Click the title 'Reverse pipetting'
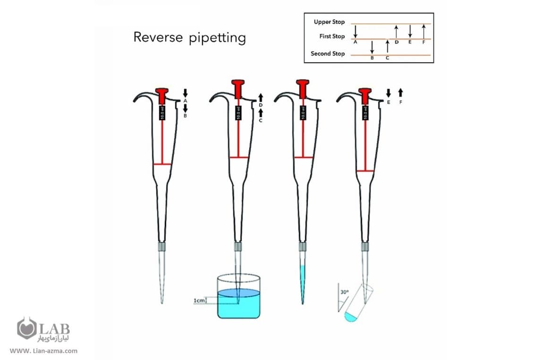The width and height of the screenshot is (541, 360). [x=189, y=37]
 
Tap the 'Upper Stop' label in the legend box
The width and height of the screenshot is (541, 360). [x=329, y=22]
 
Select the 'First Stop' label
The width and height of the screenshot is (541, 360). [x=332, y=36]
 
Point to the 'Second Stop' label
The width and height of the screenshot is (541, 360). [x=328, y=54]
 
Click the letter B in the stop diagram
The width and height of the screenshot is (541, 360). [x=372, y=58]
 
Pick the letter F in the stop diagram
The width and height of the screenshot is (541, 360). [x=424, y=42]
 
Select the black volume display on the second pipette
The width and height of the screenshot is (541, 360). [x=238, y=113]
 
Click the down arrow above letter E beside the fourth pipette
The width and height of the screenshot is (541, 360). [x=388, y=92]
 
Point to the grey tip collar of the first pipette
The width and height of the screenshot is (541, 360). [x=163, y=246]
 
